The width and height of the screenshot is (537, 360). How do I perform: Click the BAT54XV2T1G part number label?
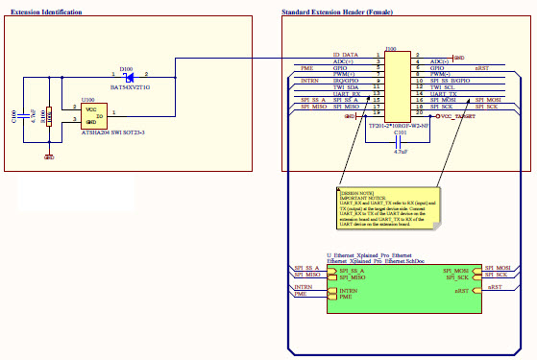coord(129,87)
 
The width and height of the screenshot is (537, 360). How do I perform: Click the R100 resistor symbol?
coord(48,117)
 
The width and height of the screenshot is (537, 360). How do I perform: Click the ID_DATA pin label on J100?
coord(345,55)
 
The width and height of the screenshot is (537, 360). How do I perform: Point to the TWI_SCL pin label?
coord(443,86)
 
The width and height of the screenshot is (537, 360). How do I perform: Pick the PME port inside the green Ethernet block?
coord(345,297)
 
